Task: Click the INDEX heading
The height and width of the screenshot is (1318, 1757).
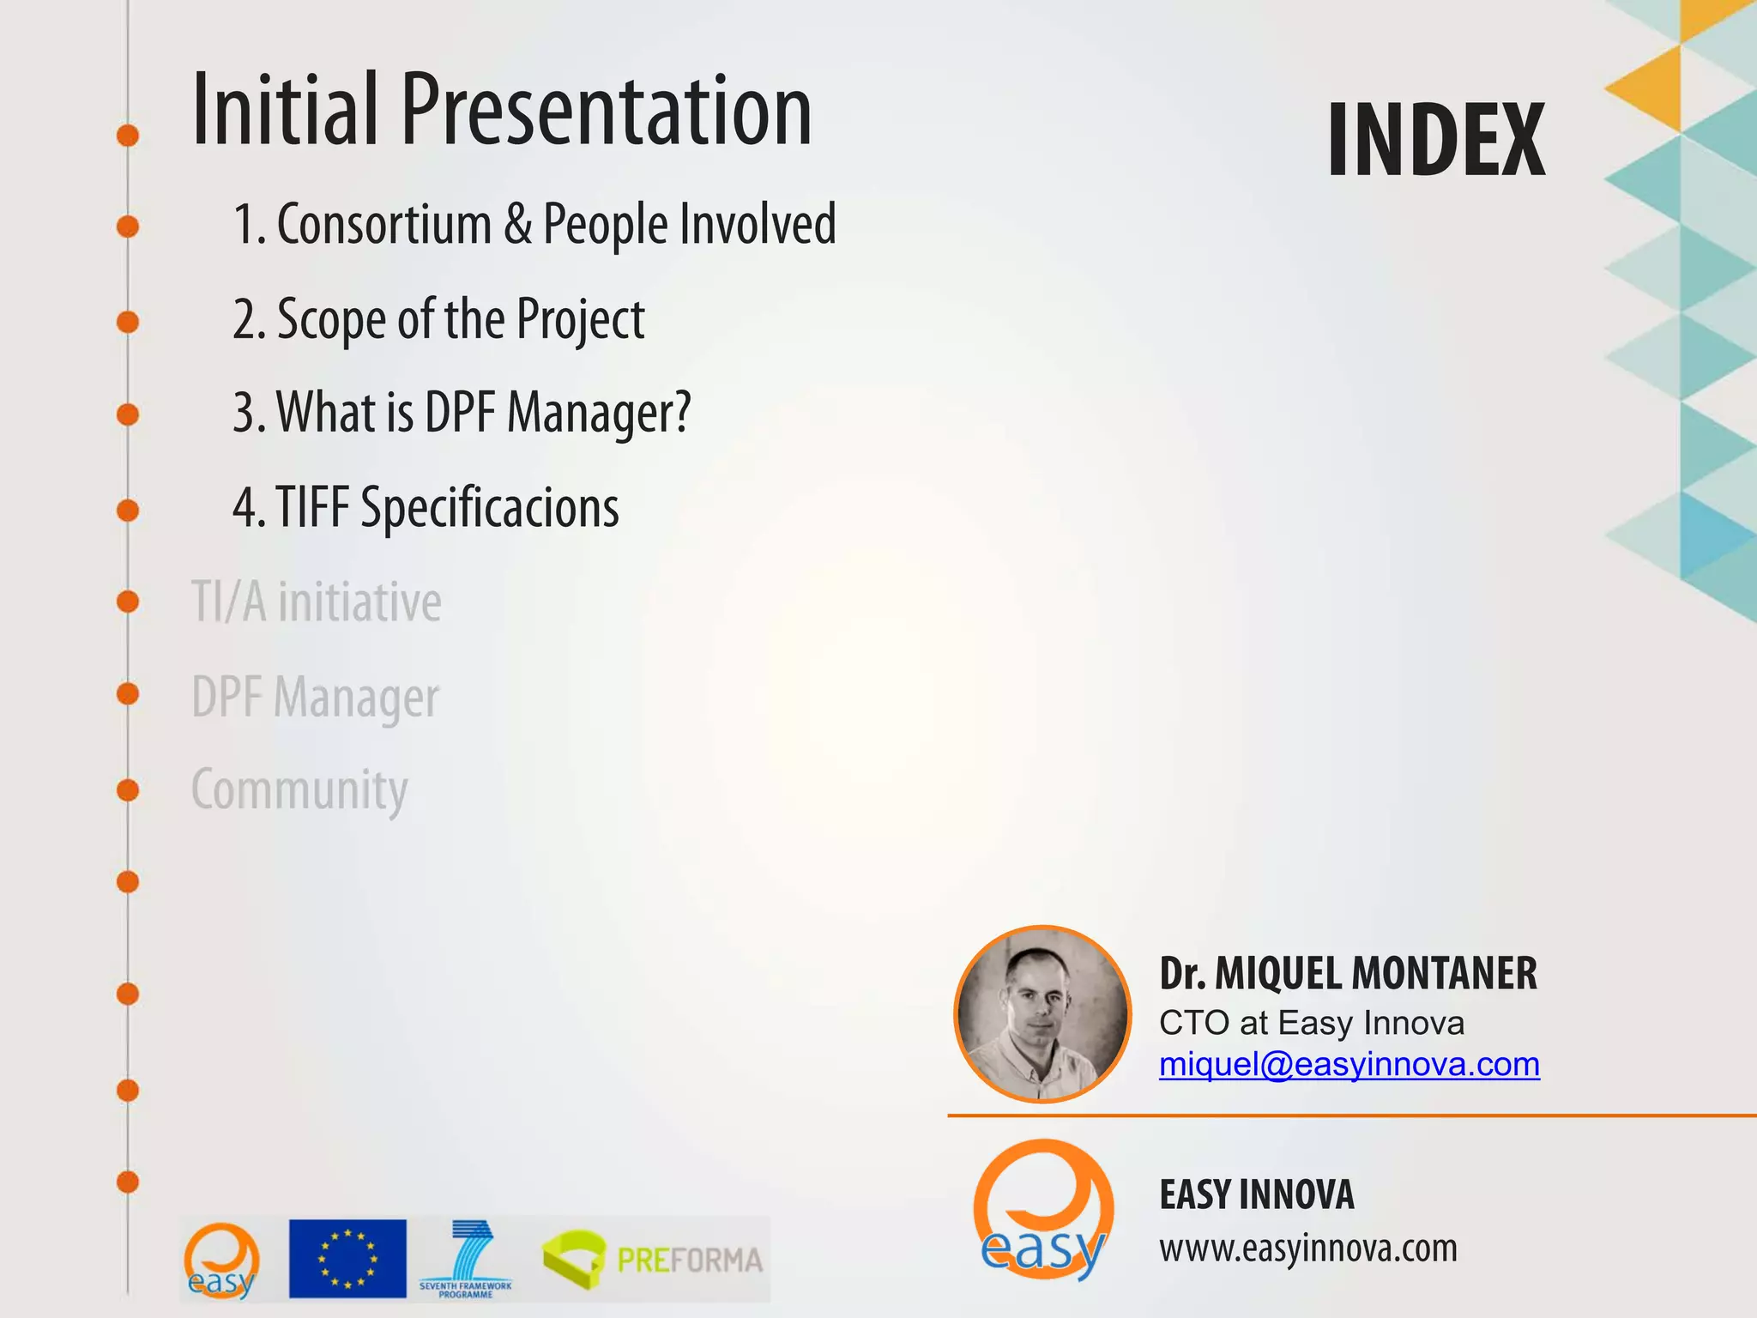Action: click(1436, 140)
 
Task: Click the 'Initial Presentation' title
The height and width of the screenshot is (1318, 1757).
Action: click(502, 110)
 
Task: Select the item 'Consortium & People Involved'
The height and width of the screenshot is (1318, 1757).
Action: click(534, 225)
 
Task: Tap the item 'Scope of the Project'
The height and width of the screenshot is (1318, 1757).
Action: click(438, 319)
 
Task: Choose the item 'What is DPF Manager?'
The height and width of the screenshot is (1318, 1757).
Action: click(462, 413)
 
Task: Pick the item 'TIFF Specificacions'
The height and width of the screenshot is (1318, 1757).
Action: click(426, 507)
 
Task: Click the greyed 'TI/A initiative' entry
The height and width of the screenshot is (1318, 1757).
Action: click(316, 602)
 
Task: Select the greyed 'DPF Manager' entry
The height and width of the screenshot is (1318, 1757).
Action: click(315, 697)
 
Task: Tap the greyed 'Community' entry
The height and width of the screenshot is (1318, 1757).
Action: click(299, 789)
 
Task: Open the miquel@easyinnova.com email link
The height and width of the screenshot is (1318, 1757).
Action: click(1349, 1065)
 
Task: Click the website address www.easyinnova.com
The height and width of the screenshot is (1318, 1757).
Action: click(1307, 1248)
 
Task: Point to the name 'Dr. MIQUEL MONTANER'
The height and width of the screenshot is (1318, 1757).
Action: click(1347, 974)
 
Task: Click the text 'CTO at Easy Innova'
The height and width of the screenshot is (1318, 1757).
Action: click(1311, 1023)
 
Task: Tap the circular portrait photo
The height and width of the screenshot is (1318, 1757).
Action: click(1042, 1014)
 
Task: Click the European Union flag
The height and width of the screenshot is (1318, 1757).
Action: click(347, 1258)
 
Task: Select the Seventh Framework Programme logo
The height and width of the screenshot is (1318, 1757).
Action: click(466, 1260)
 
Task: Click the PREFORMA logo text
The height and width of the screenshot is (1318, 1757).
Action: click(689, 1260)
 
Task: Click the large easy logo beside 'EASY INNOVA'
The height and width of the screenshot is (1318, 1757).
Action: click(1043, 1210)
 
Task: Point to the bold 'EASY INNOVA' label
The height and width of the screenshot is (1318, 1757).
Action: click(1256, 1195)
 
